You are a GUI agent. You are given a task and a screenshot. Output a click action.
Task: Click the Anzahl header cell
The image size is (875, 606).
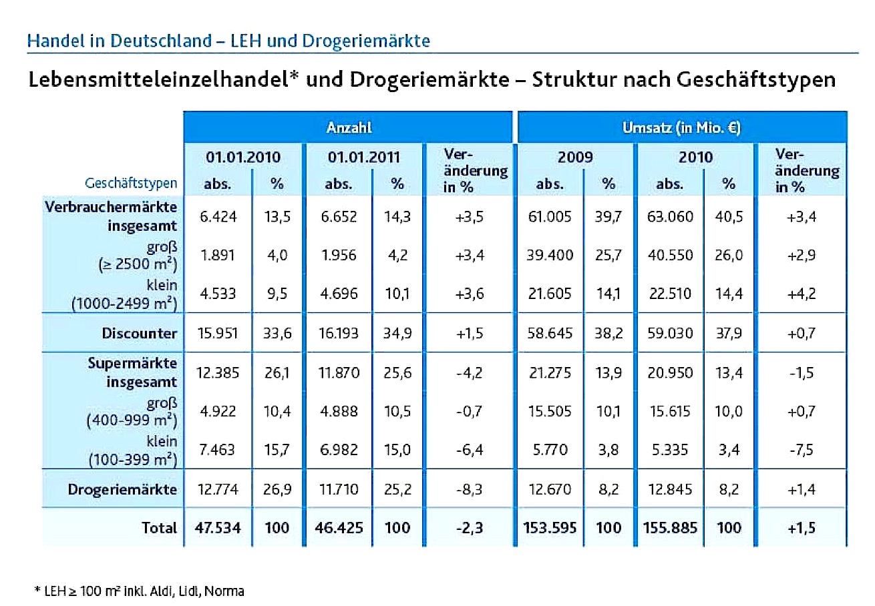pos(349,127)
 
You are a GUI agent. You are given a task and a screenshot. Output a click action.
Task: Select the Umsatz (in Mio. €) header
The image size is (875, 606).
pos(681,127)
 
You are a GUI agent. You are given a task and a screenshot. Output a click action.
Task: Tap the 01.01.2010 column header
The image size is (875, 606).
pos(243,158)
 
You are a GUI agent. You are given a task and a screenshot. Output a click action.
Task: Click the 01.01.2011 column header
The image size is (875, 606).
pos(363,158)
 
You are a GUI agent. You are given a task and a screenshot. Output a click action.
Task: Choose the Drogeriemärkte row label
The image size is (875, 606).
pos(123,489)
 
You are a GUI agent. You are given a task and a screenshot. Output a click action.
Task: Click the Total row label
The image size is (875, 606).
pos(159,528)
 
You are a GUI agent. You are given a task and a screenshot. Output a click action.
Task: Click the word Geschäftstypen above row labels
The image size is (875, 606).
pos(131,183)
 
